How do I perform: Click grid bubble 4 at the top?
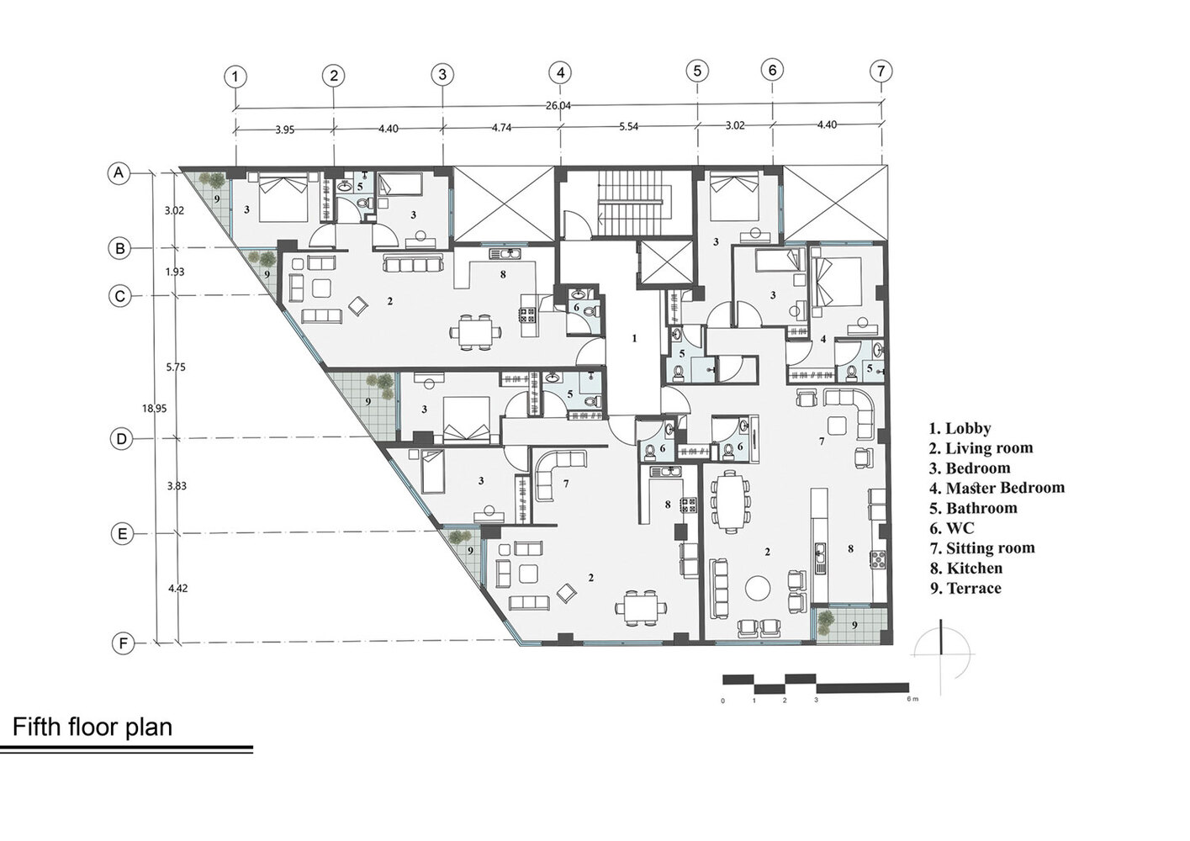pyautogui.click(x=560, y=73)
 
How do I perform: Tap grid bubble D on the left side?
pyautogui.click(x=121, y=439)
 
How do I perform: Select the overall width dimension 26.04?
pyautogui.click(x=558, y=105)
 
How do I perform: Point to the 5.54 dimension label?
pyautogui.click(x=628, y=127)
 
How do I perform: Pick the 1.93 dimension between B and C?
pyautogui.click(x=175, y=272)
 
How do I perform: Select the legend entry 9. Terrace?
pyautogui.click(x=965, y=588)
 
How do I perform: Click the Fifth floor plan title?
pyautogui.click(x=93, y=727)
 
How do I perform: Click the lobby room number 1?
pyautogui.click(x=634, y=338)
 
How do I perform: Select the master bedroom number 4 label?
pyautogui.click(x=823, y=338)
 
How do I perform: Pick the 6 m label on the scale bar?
pyautogui.click(x=912, y=699)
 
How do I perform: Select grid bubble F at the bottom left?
pyautogui.click(x=123, y=644)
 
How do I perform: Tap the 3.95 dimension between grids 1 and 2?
pyautogui.click(x=285, y=130)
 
